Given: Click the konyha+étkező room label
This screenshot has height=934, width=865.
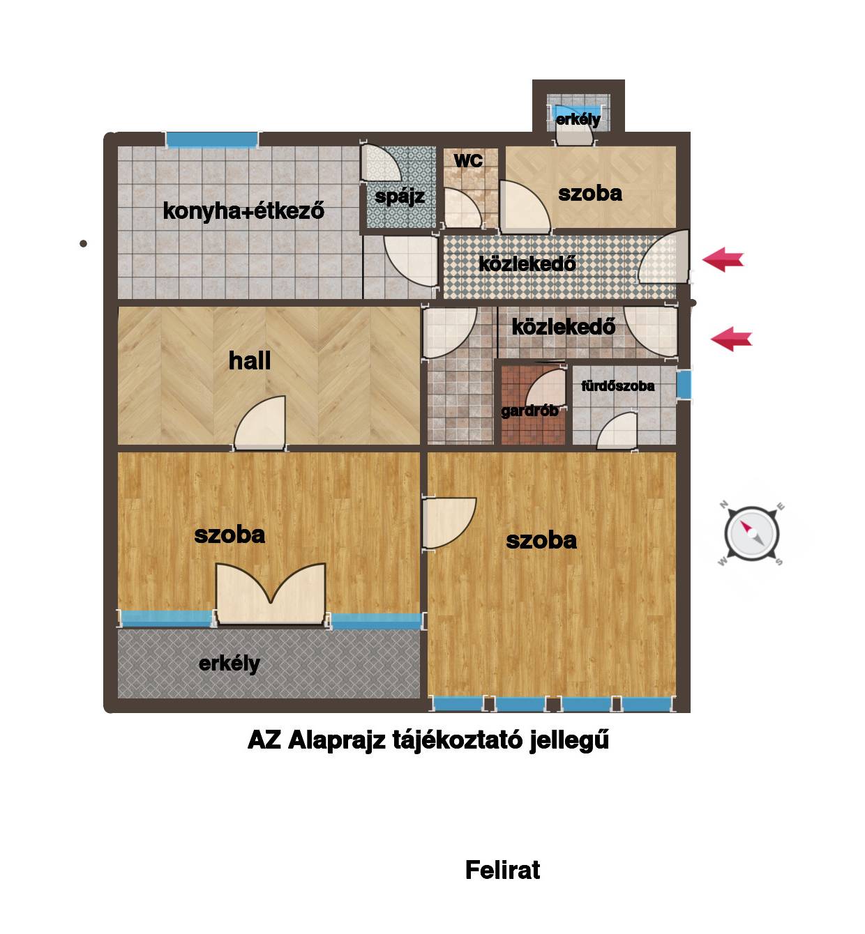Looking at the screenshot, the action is click(x=243, y=210).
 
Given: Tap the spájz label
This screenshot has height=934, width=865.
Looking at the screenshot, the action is click(x=399, y=196).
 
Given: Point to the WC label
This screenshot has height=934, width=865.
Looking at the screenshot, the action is click(x=468, y=161).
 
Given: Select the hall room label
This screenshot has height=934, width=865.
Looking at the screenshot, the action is click(x=249, y=361).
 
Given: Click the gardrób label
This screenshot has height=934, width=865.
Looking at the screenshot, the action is click(x=529, y=411).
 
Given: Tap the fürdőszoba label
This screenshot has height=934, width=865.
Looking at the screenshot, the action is click(x=617, y=385).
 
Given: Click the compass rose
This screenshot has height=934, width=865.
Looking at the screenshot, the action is click(x=751, y=533).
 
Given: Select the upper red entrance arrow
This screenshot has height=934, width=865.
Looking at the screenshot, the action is click(x=722, y=259).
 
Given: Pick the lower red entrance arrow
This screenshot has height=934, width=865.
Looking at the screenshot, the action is click(x=731, y=339).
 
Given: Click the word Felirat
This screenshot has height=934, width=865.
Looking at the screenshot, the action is click(x=502, y=870).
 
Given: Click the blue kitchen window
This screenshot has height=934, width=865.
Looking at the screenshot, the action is click(x=212, y=139).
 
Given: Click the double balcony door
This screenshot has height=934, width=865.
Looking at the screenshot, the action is click(x=271, y=594).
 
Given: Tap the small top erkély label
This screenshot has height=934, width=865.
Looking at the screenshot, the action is click(x=578, y=119).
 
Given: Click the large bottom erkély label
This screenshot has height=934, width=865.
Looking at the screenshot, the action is click(x=230, y=664).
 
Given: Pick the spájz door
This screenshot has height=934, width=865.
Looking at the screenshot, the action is click(x=378, y=162).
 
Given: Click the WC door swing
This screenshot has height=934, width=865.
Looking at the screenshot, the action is click(x=462, y=208).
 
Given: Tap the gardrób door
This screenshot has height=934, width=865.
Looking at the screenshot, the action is click(x=546, y=388).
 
